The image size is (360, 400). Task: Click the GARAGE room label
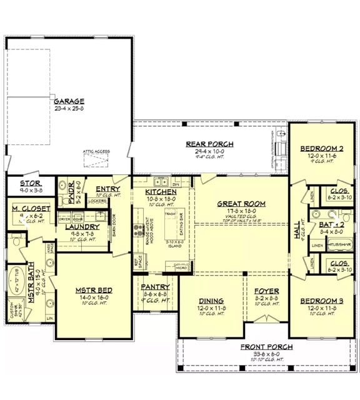(x=69, y=101)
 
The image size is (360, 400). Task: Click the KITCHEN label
(x=161, y=191)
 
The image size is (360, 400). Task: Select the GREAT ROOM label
(x=241, y=204)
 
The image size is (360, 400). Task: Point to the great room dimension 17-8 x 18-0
(x=241, y=211)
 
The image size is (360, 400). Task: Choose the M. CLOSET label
(x=26, y=208)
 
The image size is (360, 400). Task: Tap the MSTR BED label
(x=93, y=291)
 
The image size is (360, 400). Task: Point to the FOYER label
(x=266, y=291)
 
